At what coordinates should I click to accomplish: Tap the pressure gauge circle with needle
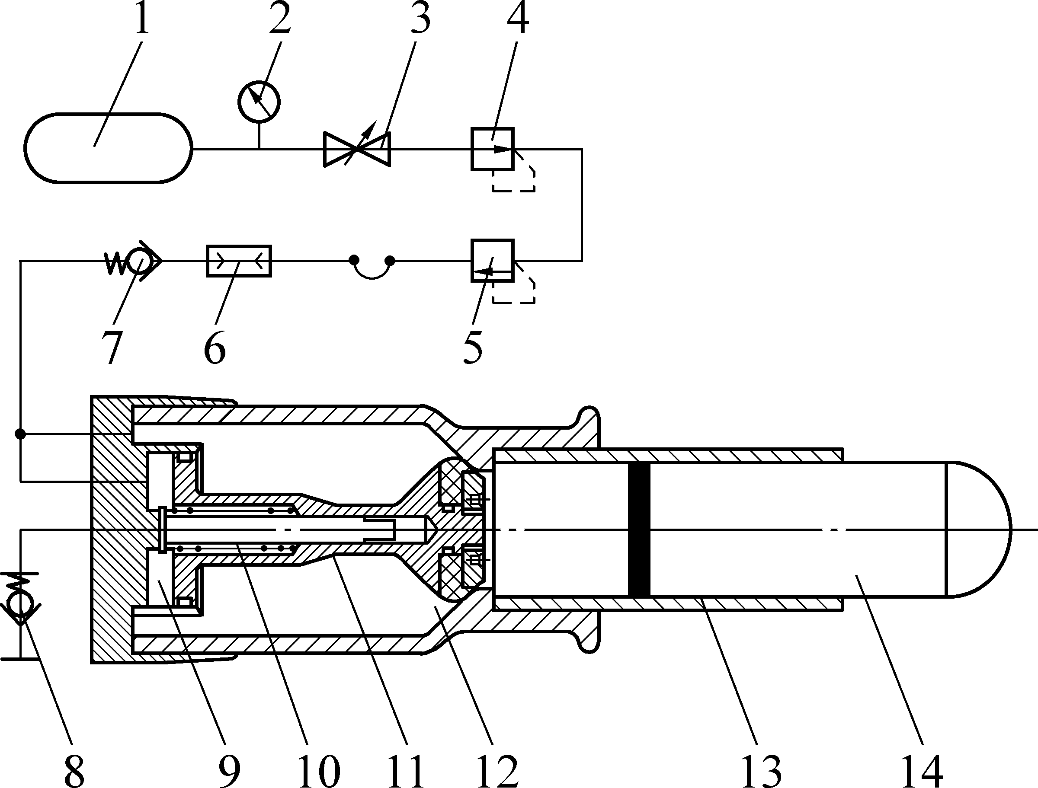259,102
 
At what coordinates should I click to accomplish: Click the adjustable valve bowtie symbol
357,150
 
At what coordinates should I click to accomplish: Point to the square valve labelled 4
493,149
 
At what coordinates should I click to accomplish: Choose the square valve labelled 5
493,260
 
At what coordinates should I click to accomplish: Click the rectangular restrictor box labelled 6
239,260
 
